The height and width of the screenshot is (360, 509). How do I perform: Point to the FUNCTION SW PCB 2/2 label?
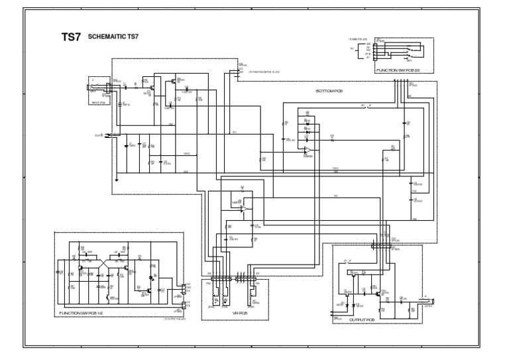398,69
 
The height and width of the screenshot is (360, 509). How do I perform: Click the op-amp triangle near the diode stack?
307,151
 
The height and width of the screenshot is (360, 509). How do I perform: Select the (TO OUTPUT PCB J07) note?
175,319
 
